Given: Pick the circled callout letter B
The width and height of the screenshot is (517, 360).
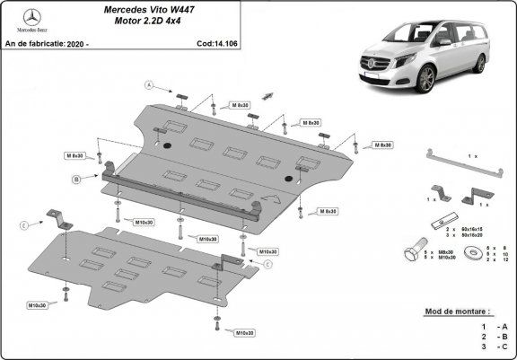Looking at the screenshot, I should point(77,180).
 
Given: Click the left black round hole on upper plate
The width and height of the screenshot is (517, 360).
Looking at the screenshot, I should point(163,145).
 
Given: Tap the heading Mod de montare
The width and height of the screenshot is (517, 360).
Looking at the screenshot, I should point(462,312).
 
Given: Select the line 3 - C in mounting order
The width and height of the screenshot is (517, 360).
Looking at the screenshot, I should point(495,346).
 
